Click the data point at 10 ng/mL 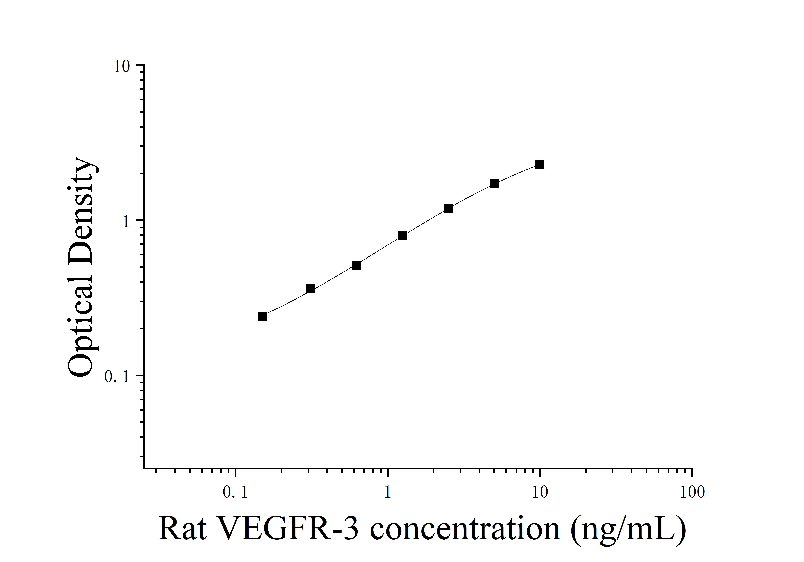coord(540,164)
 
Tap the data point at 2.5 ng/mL coord(448,208)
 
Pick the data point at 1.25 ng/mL coord(402,235)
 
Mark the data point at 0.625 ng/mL coord(356,265)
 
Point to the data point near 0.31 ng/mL coord(310,289)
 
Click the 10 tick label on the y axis coord(122,66)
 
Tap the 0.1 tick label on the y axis coord(117,377)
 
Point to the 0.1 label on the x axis coord(235,492)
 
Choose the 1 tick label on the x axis coord(388,492)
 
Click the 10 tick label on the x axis coord(540,492)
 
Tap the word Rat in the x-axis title coord(182,529)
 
